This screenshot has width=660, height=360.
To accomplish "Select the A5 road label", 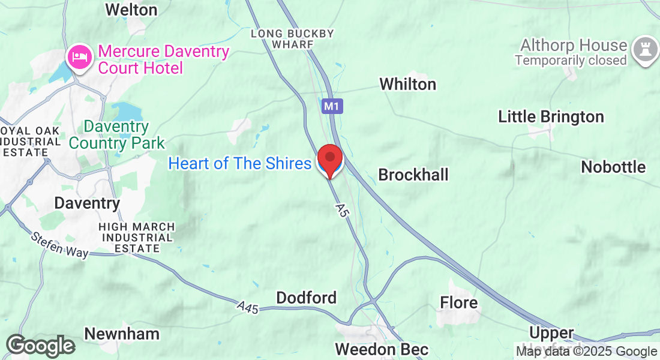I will pyautogui.click(x=342, y=211).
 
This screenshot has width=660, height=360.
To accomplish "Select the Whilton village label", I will pyautogui.click(x=407, y=84).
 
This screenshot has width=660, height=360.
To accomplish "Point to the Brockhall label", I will pyautogui.click(x=413, y=175).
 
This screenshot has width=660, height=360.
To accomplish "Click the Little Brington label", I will pyautogui.click(x=551, y=117).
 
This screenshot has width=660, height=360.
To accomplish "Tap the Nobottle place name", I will pyautogui.click(x=613, y=167).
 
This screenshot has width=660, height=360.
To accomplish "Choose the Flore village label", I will pyautogui.click(x=459, y=302).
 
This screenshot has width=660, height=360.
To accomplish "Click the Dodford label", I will pyautogui.click(x=306, y=298).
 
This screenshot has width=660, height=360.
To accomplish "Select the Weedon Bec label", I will pyautogui.click(x=382, y=349).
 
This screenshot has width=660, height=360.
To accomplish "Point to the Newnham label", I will pyautogui.click(x=122, y=334).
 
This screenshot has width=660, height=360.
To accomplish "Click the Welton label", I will pyautogui.click(x=131, y=10).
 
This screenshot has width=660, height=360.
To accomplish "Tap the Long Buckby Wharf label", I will pyautogui.click(x=292, y=39).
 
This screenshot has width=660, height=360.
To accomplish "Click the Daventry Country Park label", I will pyautogui.click(x=116, y=135).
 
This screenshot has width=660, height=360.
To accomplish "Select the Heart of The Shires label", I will pyautogui.click(x=239, y=163).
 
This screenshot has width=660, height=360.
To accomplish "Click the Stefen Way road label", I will pyautogui.click(x=59, y=244).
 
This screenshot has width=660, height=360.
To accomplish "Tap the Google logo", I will pyautogui.click(x=40, y=346).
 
